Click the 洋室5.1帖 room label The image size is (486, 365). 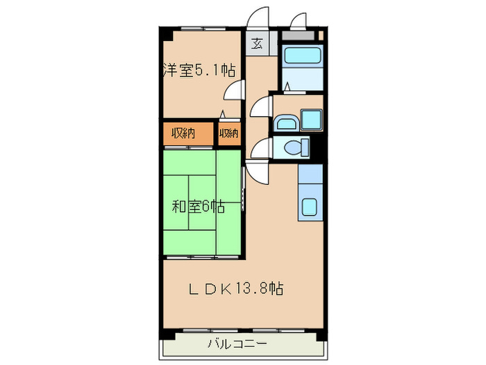[199, 70]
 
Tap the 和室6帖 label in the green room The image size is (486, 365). [199, 206]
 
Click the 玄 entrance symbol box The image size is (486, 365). [257, 44]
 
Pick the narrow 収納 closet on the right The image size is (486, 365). [229, 133]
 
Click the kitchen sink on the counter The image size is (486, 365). [310, 207]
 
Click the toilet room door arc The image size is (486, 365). [260, 148]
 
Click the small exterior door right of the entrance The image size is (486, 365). [299, 21]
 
